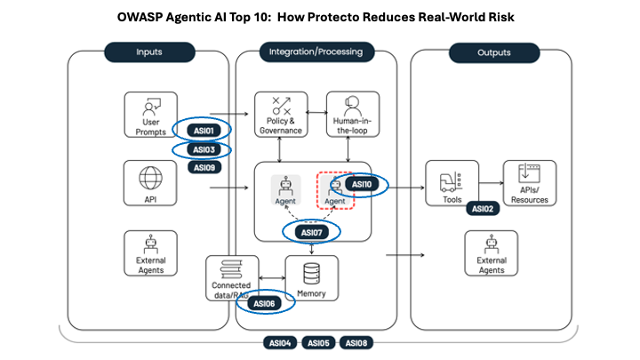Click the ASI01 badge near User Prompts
(204, 131)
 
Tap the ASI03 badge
(204, 149)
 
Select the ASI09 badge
(204, 166)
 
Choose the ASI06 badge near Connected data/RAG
(265, 304)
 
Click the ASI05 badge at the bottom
(317, 342)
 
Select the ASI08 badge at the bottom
(356, 342)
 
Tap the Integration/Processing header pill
(316, 52)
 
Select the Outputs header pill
(492, 52)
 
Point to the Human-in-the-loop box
(348, 114)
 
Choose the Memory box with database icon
(312, 277)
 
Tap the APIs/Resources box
(530, 183)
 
